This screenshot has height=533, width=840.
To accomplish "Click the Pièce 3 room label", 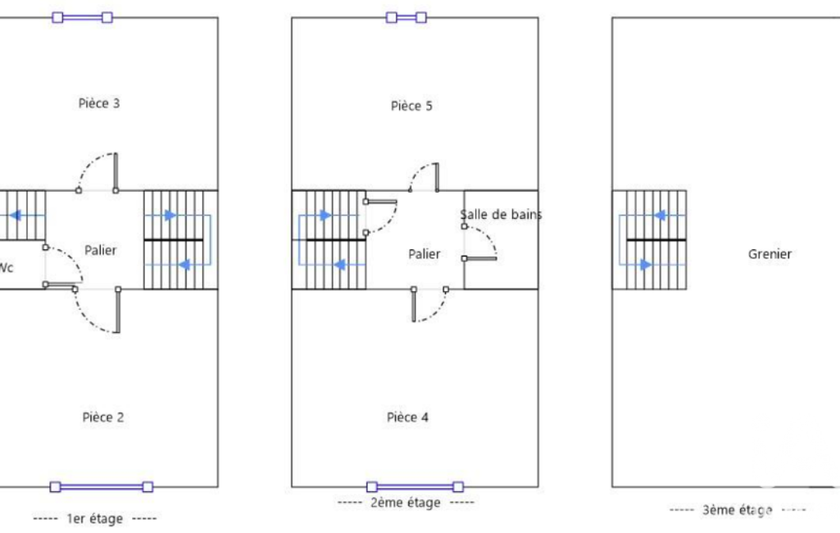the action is pos(99,103).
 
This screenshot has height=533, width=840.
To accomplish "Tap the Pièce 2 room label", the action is pos(103,417).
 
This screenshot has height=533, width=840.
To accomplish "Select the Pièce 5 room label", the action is pos(411,106).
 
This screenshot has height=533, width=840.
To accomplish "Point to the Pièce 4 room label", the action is pos(407,417).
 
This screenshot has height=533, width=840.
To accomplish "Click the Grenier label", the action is pos(770,254).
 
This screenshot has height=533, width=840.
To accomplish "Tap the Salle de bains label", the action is pos(501,215).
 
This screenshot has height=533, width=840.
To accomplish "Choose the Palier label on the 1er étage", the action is pos(100,250).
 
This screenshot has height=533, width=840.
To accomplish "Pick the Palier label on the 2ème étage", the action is pos(425,254).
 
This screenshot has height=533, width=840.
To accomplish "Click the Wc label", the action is pos(6,267).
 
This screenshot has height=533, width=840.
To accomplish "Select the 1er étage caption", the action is pos(95,518).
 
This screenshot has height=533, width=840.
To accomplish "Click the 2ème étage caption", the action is pos(406,503).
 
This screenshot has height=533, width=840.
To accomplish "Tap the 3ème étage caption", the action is pos(737,510).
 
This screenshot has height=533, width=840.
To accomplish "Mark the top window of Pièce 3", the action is pos(83,18).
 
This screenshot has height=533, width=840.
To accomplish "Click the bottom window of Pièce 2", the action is pos(102,487).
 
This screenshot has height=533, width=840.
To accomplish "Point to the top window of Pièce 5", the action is pos(406,18).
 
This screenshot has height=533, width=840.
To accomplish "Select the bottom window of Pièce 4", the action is pos(415,487).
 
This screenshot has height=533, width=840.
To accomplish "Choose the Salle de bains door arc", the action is pos(488,236).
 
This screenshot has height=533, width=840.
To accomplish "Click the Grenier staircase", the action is pos(649,239).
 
